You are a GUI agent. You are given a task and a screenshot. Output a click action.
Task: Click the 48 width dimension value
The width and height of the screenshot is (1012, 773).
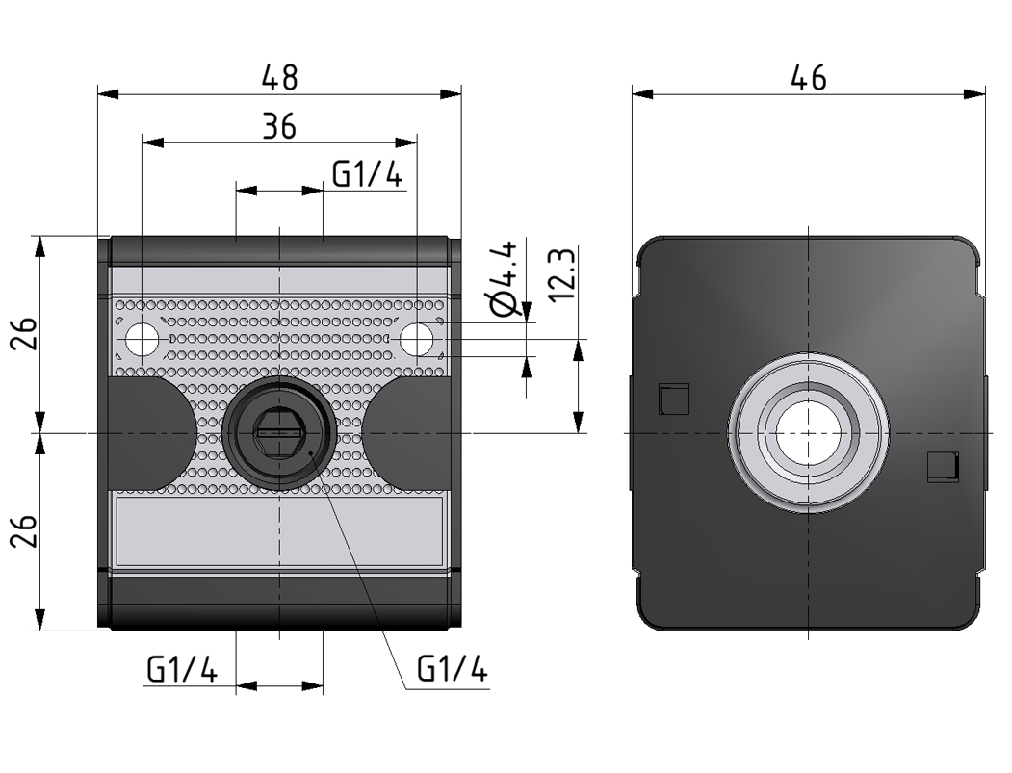pos(280,78)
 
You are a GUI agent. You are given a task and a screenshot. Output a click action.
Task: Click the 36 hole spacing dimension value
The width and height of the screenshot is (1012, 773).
pos(279,126)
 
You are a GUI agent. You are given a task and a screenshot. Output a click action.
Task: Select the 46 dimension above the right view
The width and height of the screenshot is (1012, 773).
pos(808,78)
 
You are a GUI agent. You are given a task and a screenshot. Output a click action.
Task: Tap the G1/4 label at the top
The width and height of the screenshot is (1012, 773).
pos(367,174)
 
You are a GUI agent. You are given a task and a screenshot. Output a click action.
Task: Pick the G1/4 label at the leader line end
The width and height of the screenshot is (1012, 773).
pos(452,669)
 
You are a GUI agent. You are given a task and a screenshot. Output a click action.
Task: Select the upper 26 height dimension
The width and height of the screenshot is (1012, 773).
pos(26,334)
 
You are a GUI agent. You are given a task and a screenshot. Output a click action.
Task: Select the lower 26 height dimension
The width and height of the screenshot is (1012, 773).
pos(26,530)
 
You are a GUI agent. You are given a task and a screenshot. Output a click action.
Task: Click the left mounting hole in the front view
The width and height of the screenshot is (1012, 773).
pos(143,339)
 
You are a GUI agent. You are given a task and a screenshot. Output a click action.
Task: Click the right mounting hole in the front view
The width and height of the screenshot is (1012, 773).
pos(416,339)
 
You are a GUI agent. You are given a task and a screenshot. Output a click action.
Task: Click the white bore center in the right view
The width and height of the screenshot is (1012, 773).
pos(808,432)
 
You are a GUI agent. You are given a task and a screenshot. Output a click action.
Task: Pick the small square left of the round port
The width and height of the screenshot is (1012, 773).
pos(673,398)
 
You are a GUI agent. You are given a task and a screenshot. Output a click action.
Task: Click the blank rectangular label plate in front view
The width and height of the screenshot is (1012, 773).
pos(278,530)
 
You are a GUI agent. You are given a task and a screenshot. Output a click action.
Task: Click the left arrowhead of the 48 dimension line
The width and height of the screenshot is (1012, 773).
pos(107,94)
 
